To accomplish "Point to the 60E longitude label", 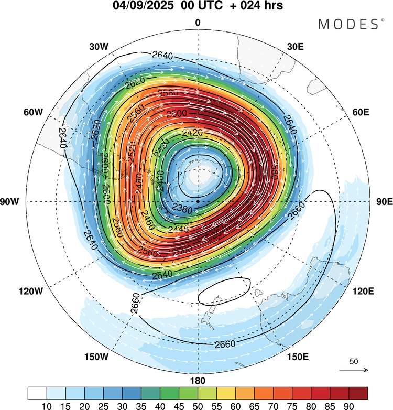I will click(361, 113).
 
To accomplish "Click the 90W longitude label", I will click(11, 202).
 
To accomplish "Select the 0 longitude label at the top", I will click(198, 23).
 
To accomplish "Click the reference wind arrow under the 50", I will click(354, 370).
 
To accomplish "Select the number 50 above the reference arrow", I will click(354, 362).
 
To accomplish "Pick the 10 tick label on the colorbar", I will click(47, 405).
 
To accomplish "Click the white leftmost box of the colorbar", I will click(37, 393).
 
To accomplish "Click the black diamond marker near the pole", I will click(198, 201).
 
